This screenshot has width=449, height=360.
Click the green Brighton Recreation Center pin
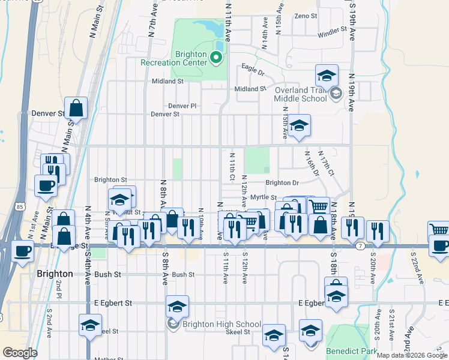click(x=217, y=58)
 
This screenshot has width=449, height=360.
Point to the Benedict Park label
click(x=349, y=350)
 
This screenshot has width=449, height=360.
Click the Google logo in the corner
click(x=20, y=353)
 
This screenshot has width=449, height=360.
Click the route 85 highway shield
click(x=20, y=207)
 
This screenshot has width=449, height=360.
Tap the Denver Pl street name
click(x=182, y=106)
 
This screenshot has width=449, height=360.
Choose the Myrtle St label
click(x=264, y=197)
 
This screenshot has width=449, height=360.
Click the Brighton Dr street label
click(x=282, y=183)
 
